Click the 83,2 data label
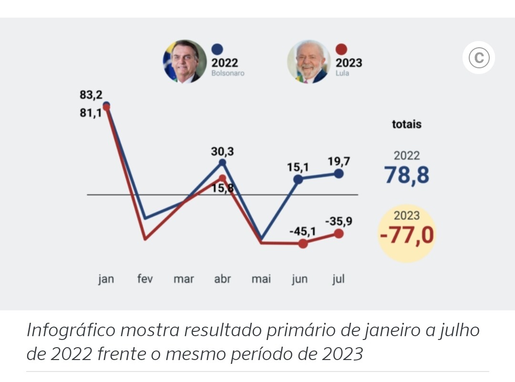point(91,95)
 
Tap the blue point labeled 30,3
point(222,163)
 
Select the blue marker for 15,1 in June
point(298,180)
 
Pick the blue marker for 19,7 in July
point(339,174)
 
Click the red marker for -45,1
point(303,244)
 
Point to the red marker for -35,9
point(339,233)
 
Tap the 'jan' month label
point(106,279)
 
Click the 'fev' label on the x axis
point(145,279)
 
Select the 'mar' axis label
point(184,279)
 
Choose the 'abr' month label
point(222,279)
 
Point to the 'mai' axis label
point(261,279)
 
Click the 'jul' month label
point(339,279)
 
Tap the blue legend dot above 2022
point(217,49)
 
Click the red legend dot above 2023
point(341,49)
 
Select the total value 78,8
point(407,175)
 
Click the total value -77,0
point(407,235)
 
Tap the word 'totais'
point(407,124)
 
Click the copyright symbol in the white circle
point(479,58)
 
